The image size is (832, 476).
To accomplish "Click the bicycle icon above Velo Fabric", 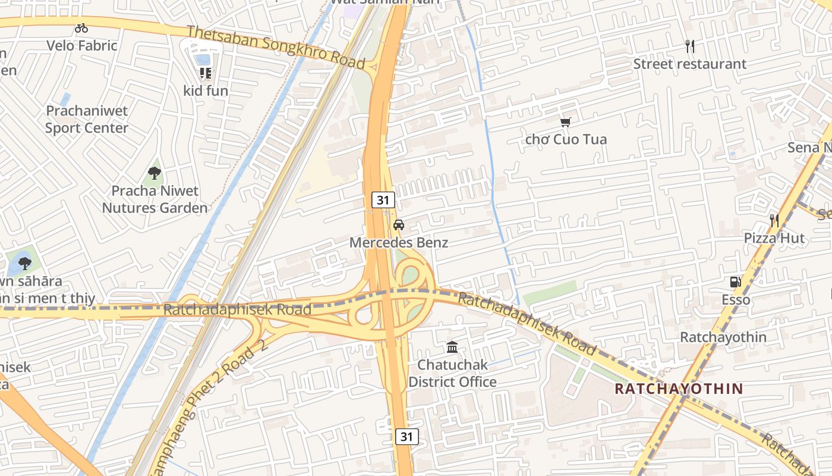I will pyautogui.click(x=81, y=28).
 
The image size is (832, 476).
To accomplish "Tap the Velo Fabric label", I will pyautogui.click(x=82, y=45).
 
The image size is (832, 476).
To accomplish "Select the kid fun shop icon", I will pyautogui.click(x=206, y=73).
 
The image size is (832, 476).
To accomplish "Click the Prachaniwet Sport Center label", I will pyautogui.click(x=87, y=120).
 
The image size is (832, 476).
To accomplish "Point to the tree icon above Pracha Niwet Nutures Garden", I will pyautogui.click(x=155, y=173).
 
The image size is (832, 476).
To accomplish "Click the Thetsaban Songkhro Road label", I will pyautogui.click(x=276, y=46).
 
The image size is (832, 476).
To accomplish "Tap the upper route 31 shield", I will pyautogui.click(x=383, y=200).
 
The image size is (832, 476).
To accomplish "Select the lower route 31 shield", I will pyautogui.click(x=406, y=436).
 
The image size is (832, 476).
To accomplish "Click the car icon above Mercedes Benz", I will pyautogui.click(x=399, y=225).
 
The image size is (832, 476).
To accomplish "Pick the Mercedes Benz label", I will pyautogui.click(x=399, y=243).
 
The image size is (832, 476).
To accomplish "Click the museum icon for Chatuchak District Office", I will pyautogui.click(x=452, y=347).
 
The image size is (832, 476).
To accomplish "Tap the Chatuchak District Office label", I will pyautogui.click(x=452, y=373).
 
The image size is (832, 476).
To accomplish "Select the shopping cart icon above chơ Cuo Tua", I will pyautogui.click(x=566, y=122).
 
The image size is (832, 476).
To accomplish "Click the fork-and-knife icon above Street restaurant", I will pyautogui.click(x=689, y=46).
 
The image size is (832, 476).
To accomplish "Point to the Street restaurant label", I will pyautogui.click(x=689, y=64).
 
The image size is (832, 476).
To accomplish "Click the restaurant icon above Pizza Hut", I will pyautogui.click(x=774, y=221).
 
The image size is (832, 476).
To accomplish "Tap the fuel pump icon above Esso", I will pyautogui.click(x=736, y=282).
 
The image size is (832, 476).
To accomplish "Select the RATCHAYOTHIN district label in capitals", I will pyautogui.click(x=679, y=389).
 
